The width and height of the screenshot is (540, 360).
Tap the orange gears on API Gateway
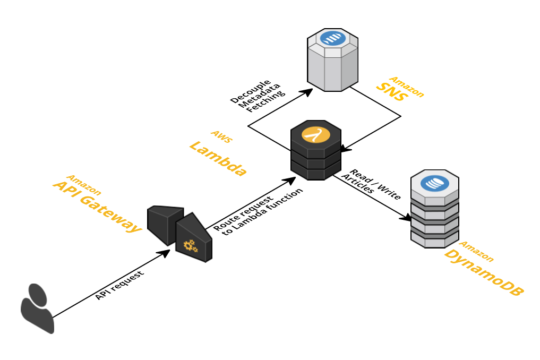tap(191, 246)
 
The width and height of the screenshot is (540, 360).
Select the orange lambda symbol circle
tap(316, 135)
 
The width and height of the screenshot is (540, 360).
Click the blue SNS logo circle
tap(333, 38)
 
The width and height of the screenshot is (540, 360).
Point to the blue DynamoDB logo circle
tap(435, 183)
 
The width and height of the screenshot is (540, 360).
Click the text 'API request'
tap(119, 285)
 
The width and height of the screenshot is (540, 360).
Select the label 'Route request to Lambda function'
tap(258, 211)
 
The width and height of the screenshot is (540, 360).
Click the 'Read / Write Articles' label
tap(371, 185)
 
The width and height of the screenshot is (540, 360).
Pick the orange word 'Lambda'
tap(218, 158)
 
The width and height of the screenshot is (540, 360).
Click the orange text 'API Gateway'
tap(97, 207)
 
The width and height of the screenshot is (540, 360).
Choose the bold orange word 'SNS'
tap(392, 92)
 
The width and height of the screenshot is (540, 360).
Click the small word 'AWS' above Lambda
tap(222, 136)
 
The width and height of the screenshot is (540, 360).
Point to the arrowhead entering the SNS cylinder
tap(306, 92)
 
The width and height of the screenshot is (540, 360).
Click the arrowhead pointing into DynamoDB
tap(406, 217)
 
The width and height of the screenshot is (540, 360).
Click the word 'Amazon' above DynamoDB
tap(476, 252)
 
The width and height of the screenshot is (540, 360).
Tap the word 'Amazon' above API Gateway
tap(84, 185)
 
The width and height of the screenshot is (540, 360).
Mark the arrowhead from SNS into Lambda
tap(346, 148)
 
